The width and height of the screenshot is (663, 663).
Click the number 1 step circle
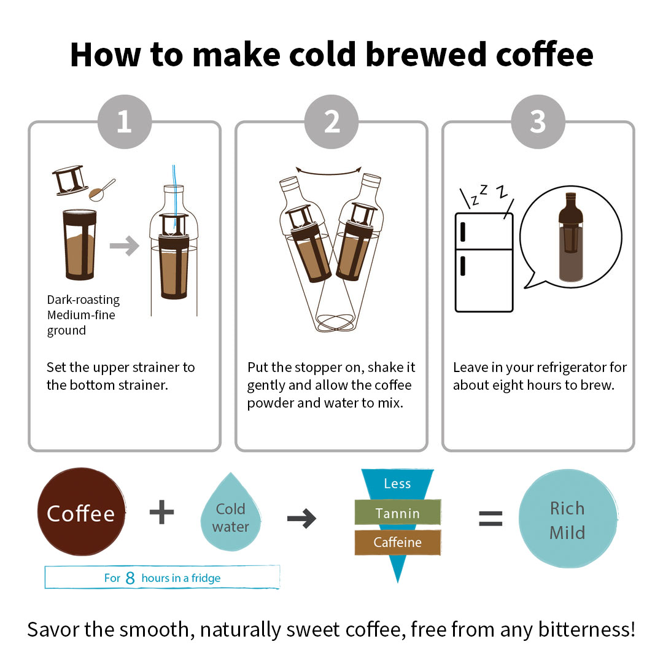(124, 122)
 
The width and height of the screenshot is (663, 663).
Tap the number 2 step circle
(331, 122)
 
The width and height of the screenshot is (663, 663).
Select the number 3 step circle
(538, 122)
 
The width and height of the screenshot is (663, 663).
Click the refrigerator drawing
(484, 262)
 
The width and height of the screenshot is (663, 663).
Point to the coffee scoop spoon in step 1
(102, 190)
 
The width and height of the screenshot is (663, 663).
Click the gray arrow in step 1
(124, 246)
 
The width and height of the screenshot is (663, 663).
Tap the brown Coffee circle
(81, 511)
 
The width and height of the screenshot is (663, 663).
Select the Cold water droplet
(230, 514)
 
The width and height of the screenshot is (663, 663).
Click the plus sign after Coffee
(162, 512)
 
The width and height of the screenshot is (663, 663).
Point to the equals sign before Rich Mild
(490, 518)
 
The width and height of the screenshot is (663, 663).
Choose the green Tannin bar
(397, 513)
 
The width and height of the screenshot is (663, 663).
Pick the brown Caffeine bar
(397, 542)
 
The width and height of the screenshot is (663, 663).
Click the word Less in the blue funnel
(397, 483)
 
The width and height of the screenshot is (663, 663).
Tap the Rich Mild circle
(568, 518)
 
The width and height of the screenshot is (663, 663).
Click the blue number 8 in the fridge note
(130, 578)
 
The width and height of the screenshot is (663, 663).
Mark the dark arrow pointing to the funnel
(301, 518)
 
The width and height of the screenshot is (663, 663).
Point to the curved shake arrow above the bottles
(328, 172)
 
